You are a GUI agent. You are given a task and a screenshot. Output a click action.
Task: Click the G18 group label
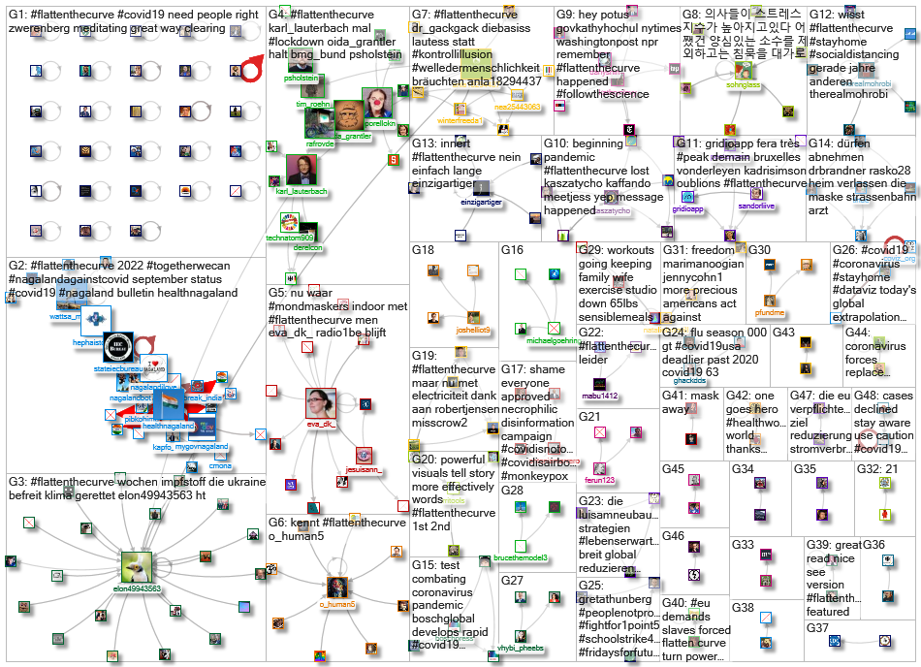coord(424,250)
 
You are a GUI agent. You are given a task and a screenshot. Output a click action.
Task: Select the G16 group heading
coord(513,250)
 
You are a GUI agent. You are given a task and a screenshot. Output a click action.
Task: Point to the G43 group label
coord(783,333)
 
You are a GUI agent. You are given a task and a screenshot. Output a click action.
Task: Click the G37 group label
coord(817,628)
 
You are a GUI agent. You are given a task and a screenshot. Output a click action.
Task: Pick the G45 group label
coord(673,469)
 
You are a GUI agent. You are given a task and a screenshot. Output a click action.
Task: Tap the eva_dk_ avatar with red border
coord(321,403)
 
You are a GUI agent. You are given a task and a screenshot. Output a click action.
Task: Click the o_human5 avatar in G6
coord(337,587)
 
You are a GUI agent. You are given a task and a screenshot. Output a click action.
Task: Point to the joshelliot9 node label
coord(472,331)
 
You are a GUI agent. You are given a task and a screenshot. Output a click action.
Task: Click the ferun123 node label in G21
coord(600,479)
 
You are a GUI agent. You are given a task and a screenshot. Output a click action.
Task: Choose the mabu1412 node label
coord(598,396)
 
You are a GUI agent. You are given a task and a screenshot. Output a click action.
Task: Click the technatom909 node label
coord(291,238)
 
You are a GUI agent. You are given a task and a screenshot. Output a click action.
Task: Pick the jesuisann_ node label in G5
coord(364,471)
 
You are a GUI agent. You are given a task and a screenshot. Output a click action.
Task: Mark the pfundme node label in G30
coord(769,312)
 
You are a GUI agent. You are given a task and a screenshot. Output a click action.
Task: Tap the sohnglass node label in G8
coord(743,85)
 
